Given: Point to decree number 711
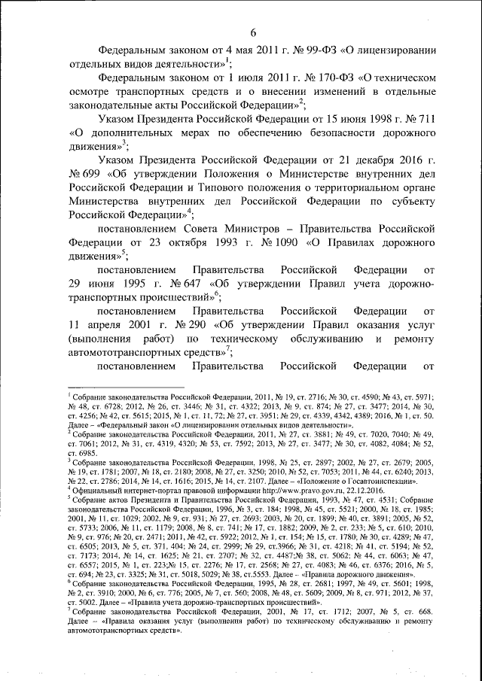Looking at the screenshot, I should (x=420, y=119).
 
